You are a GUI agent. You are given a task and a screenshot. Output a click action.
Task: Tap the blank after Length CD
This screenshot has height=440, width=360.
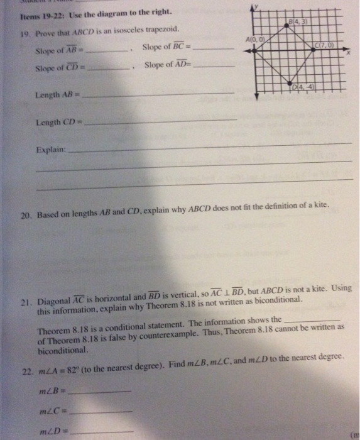pyautogui.click(x=160, y=121)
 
